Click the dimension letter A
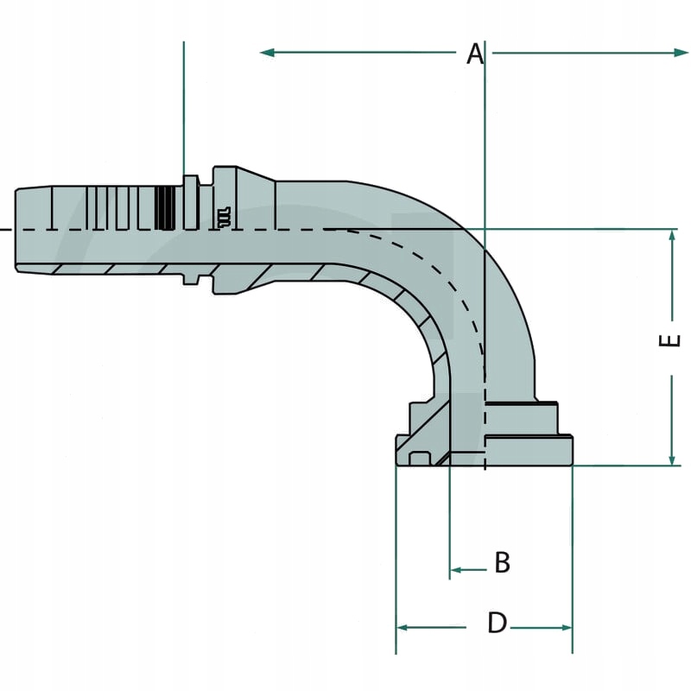(x=474, y=54)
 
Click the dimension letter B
(x=502, y=563)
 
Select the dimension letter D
(x=497, y=623)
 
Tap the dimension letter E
(x=670, y=339)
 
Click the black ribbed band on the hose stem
(x=165, y=207)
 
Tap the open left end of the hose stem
(x=17, y=229)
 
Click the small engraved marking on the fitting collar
(x=224, y=215)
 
